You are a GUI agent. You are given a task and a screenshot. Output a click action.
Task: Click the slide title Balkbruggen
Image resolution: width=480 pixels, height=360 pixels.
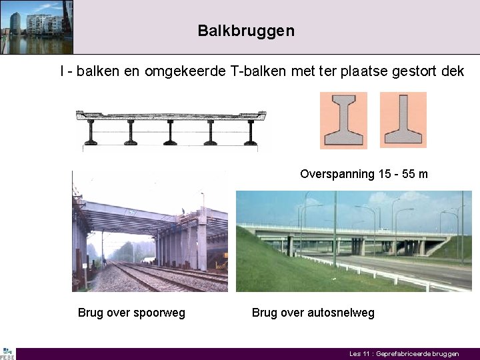[245, 31]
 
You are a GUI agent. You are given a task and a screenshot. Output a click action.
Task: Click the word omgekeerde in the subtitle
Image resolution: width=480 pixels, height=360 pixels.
[190, 71]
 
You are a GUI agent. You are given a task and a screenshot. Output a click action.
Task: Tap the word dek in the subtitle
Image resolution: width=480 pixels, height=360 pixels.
[452, 71]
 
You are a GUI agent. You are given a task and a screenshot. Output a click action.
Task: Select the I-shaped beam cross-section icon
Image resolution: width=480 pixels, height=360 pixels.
[343, 120]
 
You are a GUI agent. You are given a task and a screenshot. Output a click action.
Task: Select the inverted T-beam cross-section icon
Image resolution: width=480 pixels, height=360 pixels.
[403, 120]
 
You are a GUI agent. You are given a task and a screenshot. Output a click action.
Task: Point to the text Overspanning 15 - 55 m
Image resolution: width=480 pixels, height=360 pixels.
[363, 174]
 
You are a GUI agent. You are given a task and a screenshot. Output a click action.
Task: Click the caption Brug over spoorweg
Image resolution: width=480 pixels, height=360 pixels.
[131, 313]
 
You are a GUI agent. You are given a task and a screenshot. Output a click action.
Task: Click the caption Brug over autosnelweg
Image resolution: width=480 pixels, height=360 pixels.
[313, 313]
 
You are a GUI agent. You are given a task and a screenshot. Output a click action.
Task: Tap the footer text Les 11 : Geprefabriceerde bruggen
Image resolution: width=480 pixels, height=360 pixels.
[404, 354]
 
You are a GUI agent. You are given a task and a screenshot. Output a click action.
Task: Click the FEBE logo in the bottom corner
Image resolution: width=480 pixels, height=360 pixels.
[7, 353]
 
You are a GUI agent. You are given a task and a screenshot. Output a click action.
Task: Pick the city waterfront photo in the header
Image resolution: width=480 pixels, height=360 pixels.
[36, 27]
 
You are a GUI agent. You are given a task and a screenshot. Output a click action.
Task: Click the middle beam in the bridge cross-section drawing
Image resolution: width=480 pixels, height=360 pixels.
[171, 132]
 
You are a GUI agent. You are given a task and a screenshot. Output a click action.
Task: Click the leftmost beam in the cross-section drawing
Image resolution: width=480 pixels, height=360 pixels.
[91, 132]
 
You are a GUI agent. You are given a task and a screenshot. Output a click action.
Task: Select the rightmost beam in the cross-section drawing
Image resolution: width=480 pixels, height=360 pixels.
[251, 132]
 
